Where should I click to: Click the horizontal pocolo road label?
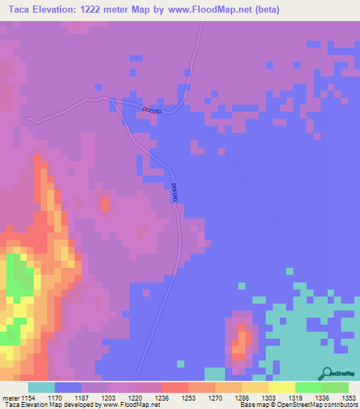pyautogui.click(x=153, y=110)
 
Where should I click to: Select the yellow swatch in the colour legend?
pyautogui.click(x=281, y=387)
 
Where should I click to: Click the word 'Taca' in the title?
pyautogui.click(x=21, y=10)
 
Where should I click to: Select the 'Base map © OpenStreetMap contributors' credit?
pyautogui.click(x=297, y=405)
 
